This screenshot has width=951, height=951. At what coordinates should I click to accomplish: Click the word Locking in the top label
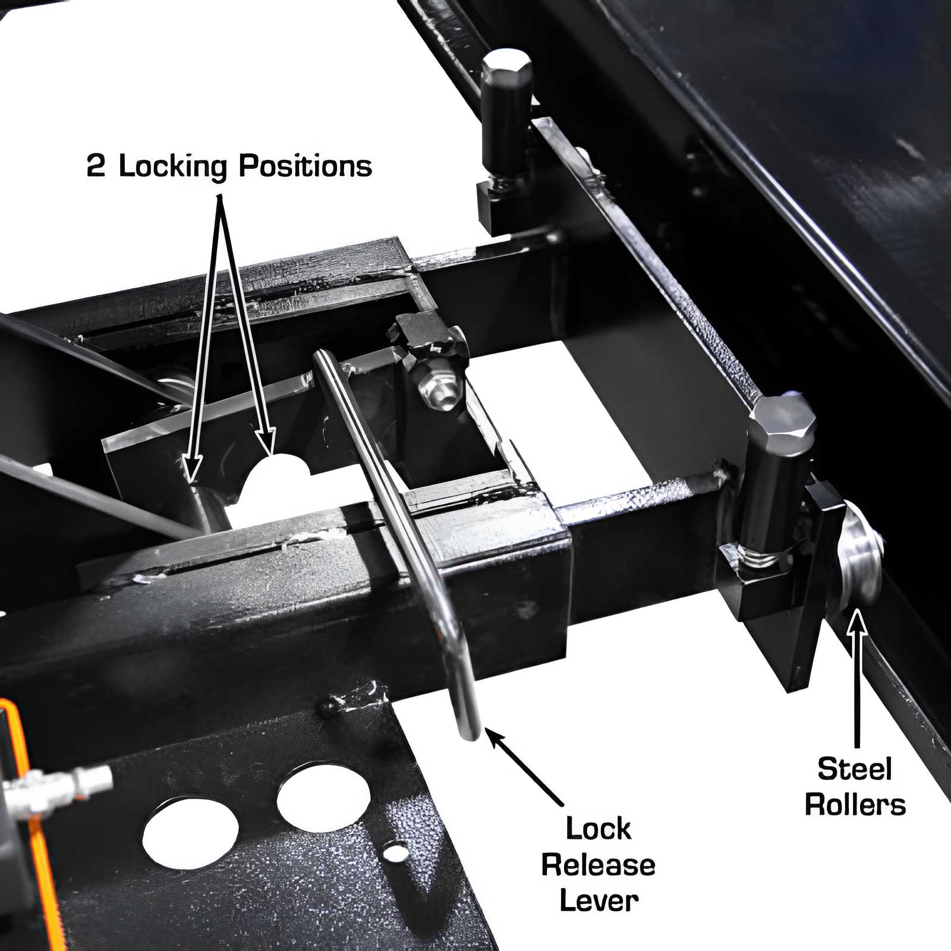pos(173,166)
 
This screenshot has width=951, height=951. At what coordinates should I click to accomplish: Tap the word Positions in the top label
pos(305,166)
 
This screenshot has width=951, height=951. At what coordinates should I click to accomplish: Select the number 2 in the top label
pos(96,166)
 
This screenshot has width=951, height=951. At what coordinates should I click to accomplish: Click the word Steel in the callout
pos(854,769)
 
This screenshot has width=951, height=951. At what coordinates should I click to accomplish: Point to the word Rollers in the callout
pos(855,805)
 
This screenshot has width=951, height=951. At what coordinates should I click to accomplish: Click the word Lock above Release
pos(598,828)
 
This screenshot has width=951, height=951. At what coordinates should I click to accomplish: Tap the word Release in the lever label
pos(598,865)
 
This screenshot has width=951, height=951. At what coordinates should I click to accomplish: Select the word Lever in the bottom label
pos(599,900)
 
